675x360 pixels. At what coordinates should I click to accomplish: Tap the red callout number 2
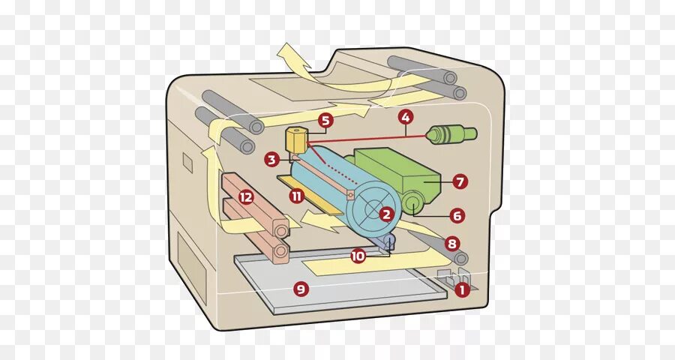[386, 214]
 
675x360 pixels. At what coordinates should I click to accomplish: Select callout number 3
[271, 159]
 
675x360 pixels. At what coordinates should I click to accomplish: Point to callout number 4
[405, 117]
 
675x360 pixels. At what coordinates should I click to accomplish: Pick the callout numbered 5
[325, 120]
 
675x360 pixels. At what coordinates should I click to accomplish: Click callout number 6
[457, 215]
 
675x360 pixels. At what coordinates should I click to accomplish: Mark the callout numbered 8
[451, 243]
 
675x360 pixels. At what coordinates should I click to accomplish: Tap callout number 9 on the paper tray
[301, 288]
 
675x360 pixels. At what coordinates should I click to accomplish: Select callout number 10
[358, 256]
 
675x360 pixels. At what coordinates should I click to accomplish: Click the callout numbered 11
[297, 196]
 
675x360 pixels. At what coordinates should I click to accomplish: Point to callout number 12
[246, 197]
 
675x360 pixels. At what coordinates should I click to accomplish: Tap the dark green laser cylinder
[451, 134]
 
